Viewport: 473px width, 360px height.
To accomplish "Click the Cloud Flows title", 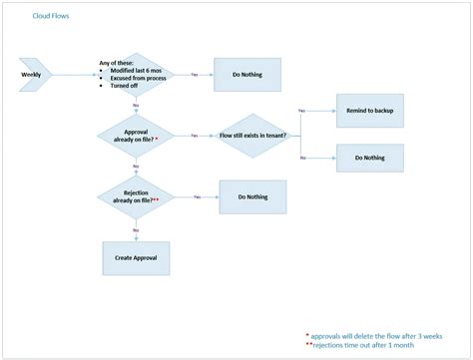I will coord(51,16).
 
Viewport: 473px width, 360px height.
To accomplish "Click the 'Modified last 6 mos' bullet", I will coord(128,71).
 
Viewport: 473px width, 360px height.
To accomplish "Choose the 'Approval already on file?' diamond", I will coord(135,135).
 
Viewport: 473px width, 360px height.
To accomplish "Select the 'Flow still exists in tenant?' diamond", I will coord(252,135).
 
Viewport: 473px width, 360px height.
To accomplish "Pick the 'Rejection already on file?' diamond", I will coord(135,196).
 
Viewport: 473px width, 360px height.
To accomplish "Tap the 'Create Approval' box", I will coord(135,257).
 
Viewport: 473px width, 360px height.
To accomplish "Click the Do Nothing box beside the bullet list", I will coord(247,75).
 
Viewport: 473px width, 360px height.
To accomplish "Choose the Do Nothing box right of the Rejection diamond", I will coord(252,196).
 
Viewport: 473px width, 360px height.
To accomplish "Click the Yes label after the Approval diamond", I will coord(194,135).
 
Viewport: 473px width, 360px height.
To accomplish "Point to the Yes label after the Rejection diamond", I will coord(198,196).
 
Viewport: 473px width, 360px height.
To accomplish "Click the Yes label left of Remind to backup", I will coord(302,110).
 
